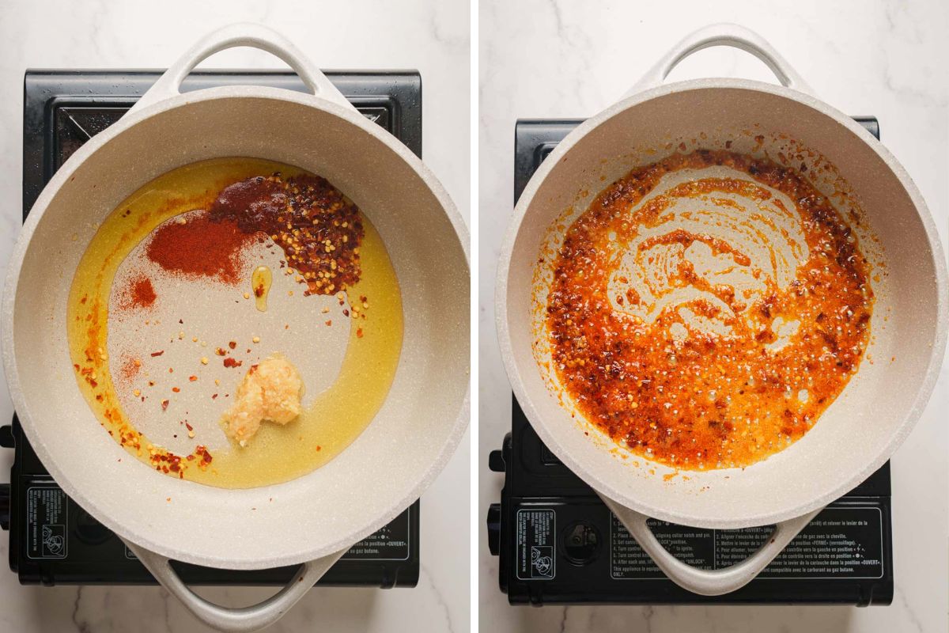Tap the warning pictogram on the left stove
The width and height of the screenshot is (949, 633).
(x=47, y=523)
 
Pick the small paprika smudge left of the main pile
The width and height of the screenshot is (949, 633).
(x=142, y=293)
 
